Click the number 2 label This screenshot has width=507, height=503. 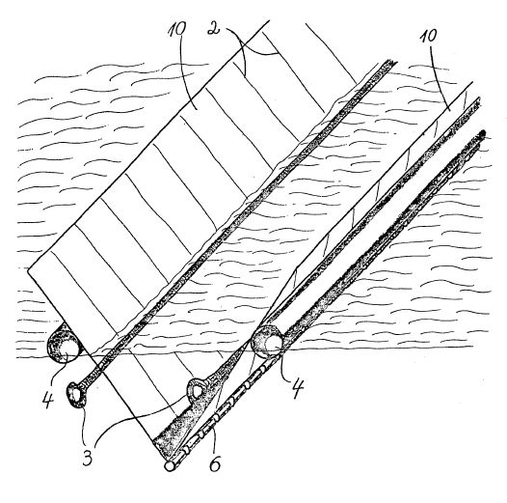[213, 29]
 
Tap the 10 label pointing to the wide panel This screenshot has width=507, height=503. [177, 30]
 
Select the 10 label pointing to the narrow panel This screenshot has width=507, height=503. [428, 36]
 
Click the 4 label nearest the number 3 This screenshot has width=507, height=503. [48, 398]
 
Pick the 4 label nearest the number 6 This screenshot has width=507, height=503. [298, 388]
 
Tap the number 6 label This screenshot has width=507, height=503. [215, 463]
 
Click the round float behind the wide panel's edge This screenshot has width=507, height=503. [64, 344]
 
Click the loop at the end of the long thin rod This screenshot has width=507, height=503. [77, 394]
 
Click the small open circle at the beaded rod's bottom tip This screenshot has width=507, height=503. [169, 465]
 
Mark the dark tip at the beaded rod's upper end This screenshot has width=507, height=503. [483, 133]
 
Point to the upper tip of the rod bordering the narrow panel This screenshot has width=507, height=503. [478, 99]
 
